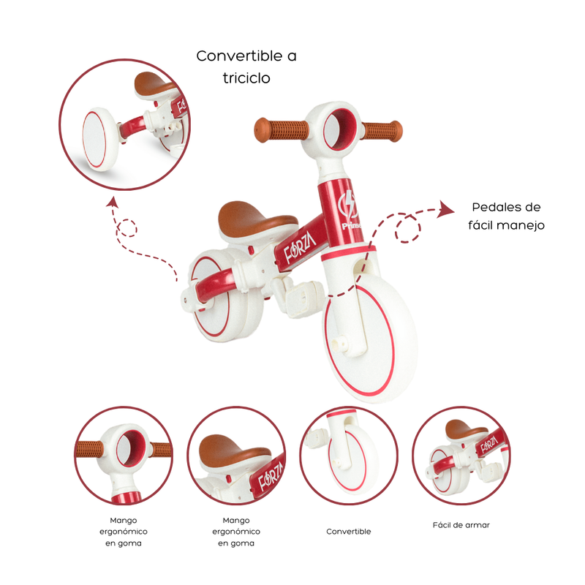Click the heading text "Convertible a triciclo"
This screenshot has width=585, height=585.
(246, 67)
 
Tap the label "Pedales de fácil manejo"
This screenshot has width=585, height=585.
(506, 216)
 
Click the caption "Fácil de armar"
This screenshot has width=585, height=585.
(461, 525)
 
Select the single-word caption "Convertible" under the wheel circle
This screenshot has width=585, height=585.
(349, 532)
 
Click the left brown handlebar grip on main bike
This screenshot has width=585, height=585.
(281, 130)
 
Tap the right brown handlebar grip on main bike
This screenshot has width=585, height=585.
(381, 132)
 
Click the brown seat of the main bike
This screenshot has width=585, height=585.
(257, 218)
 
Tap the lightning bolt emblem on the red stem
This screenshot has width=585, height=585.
(349, 205)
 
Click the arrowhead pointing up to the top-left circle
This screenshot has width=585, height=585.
(112, 203)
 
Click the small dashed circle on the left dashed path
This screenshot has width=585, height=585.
(127, 227)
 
